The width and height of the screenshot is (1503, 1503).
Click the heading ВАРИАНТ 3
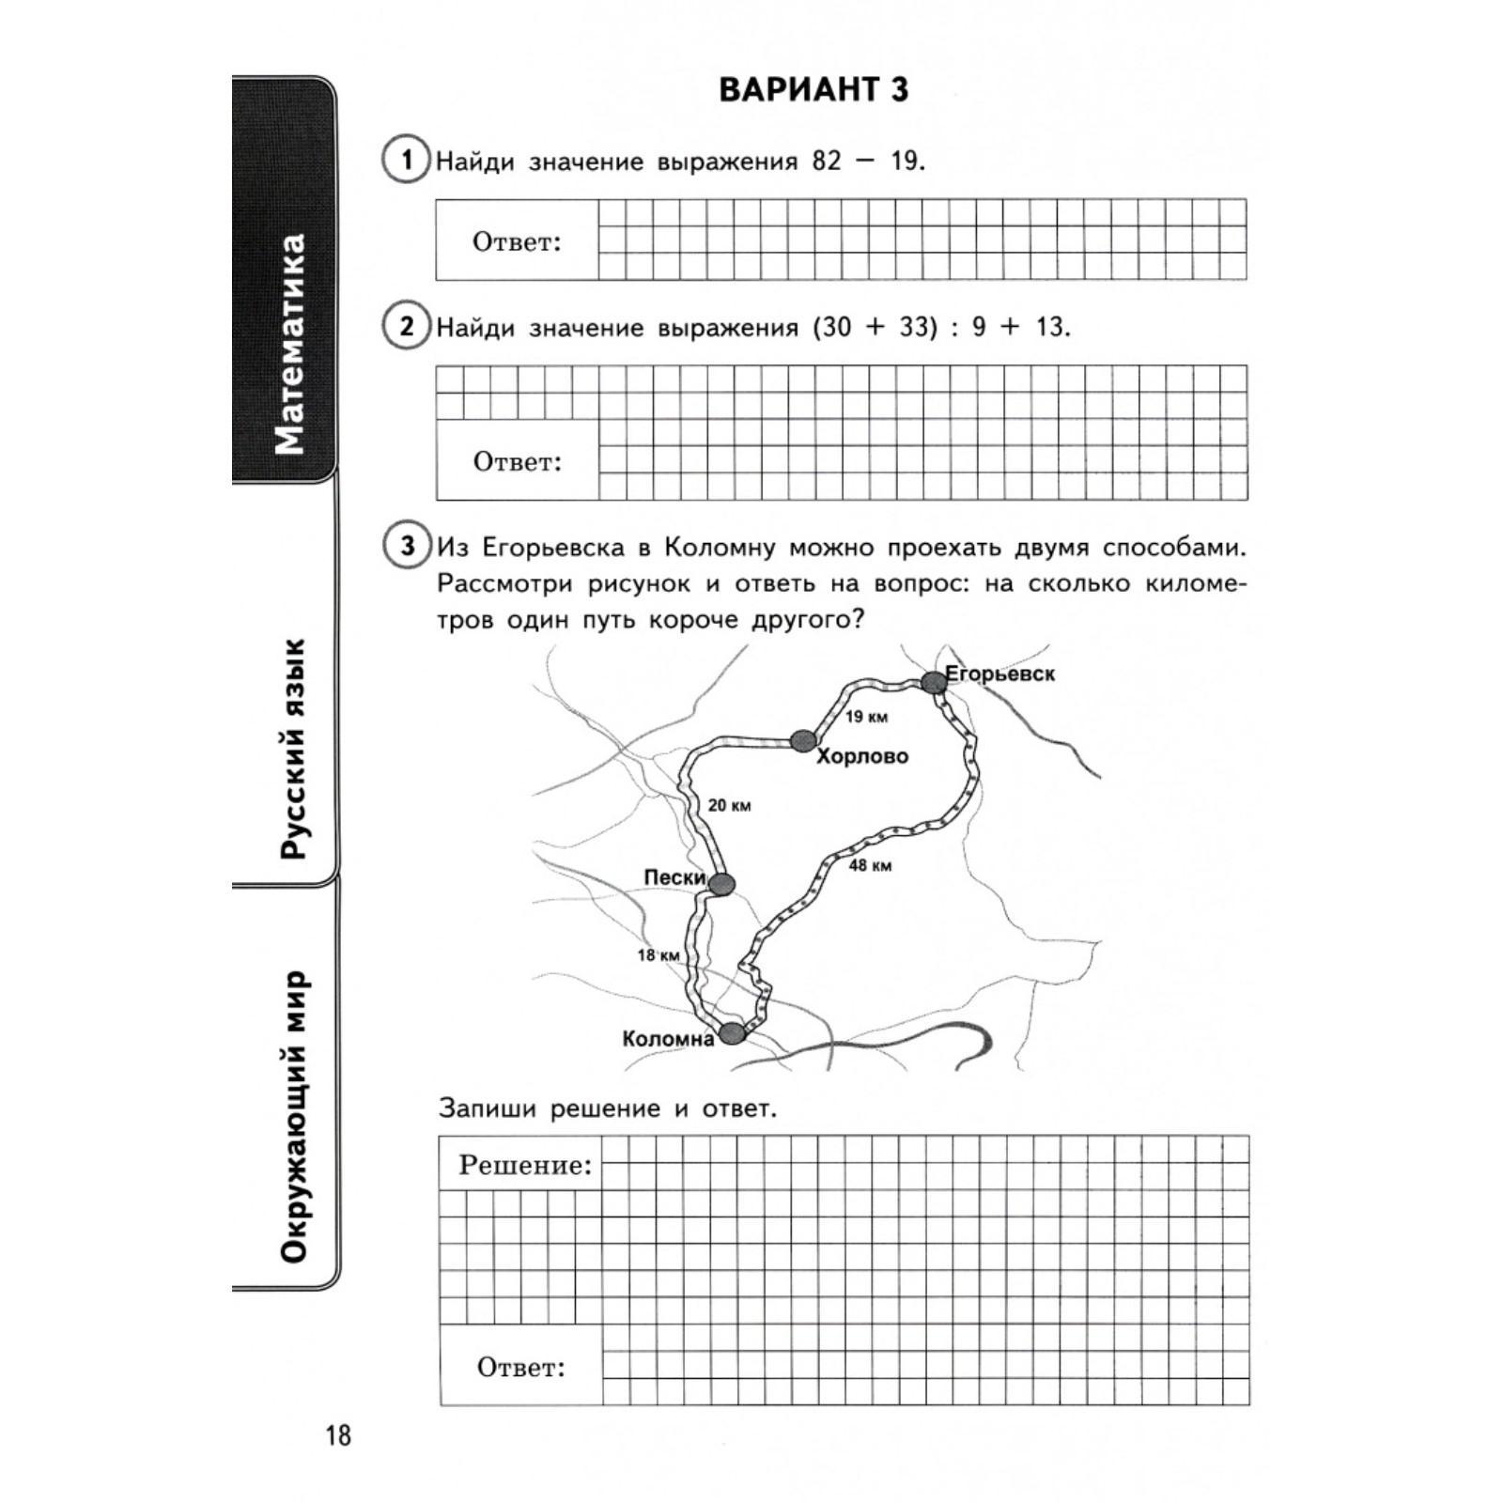click(813, 90)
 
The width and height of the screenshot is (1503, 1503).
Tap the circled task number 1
click(406, 160)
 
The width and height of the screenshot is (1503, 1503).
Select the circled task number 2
click(406, 326)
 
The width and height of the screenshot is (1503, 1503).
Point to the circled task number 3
click(406, 546)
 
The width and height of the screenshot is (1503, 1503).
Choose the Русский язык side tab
click(292, 748)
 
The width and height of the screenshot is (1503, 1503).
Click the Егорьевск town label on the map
click(999, 674)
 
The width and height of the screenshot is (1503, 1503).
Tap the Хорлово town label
click(862, 756)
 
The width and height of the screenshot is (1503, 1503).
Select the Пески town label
click(674, 877)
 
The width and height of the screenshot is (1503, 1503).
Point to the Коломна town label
click(668, 1039)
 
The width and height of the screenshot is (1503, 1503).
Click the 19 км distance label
click(866, 717)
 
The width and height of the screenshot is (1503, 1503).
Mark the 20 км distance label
click(729, 805)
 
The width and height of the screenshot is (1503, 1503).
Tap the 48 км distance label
click(870, 865)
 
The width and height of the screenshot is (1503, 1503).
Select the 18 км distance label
click(658, 955)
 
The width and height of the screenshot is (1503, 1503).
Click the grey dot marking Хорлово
click(801, 740)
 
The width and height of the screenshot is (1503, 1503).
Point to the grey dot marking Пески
click(721, 883)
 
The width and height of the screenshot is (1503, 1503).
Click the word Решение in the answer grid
click(525, 1166)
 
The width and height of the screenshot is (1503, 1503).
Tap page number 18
click(337, 1435)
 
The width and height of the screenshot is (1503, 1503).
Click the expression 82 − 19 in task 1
click(867, 161)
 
